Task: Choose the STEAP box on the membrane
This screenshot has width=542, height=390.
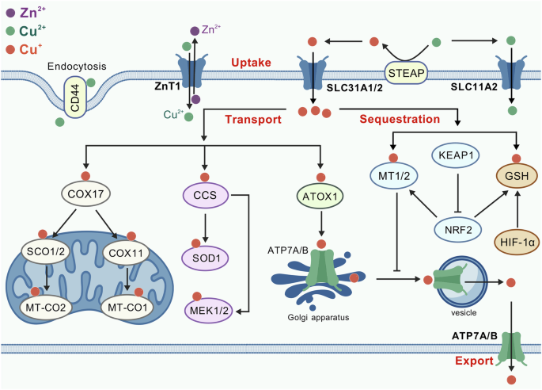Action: (406, 74)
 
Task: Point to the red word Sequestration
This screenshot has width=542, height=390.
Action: (400, 119)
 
